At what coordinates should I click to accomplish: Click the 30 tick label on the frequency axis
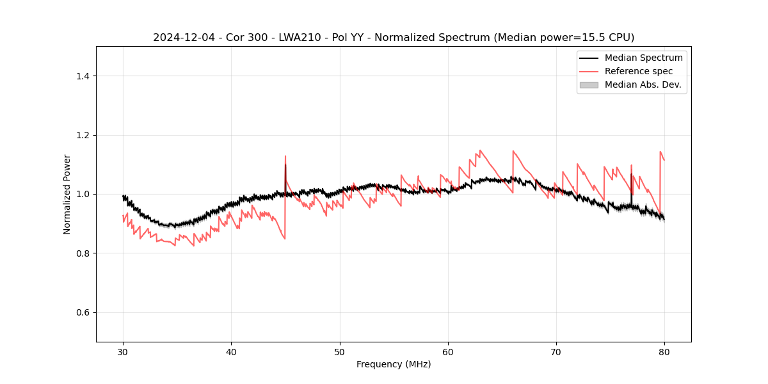click(123, 351)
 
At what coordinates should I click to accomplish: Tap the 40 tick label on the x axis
click(231, 351)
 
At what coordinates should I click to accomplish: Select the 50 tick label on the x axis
click(340, 351)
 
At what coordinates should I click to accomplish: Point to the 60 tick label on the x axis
click(448, 351)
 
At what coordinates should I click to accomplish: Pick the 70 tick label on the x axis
click(556, 351)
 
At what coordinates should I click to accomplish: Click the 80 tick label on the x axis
click(664, 351)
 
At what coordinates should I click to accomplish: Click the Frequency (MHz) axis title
click(394, 364)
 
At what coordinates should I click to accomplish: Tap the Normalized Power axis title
click(67, 194)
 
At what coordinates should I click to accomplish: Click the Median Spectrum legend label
click(643, 58)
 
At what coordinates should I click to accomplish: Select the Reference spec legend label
click(639, 71)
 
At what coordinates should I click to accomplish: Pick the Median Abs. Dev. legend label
click(643, 84)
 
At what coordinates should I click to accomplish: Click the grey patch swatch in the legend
click(589, 84)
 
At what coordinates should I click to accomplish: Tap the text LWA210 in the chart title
click(301, 38)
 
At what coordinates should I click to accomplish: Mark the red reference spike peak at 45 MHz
click(285, 156)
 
